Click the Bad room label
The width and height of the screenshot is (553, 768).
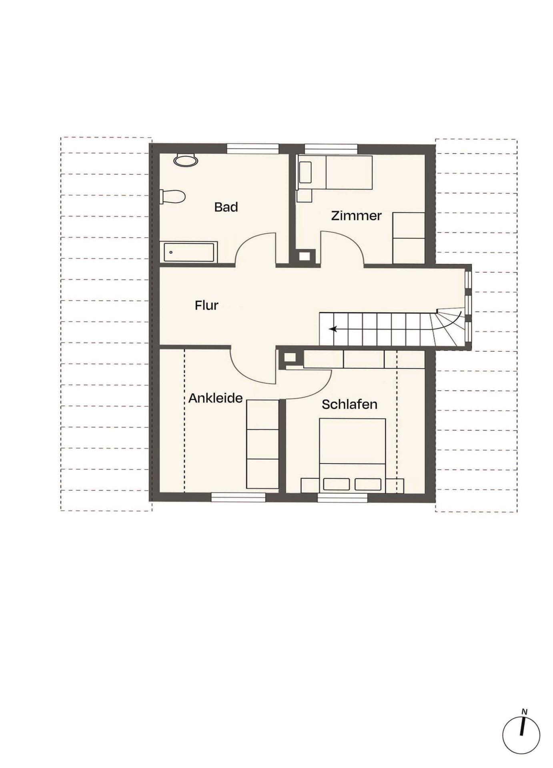(x=226, y=207)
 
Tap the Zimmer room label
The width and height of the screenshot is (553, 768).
(x=356, y=216)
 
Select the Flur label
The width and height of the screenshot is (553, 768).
(x=206, y=305)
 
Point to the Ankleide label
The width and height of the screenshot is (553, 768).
(x=215, y=398)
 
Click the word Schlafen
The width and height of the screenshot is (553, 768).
(x=349, y=404)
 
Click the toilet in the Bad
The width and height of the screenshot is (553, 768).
(x=173, y=196)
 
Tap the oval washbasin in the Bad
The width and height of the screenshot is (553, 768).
(x=186, y=160)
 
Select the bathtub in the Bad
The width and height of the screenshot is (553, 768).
(x=188, y=252)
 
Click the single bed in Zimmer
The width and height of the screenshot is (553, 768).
(x=335, y=172)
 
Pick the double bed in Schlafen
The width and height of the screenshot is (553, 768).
(x=353, y=456)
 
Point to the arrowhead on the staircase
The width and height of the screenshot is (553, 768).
(x=333, y=329)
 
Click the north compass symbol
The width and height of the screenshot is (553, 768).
(x=521, y=736)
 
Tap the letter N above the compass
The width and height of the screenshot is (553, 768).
(x=524, y=712)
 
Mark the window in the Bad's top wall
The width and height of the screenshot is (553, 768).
(x=253, y=148)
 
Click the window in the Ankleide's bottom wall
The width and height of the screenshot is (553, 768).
(x=238, y=497)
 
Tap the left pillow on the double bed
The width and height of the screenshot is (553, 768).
(x=336, y=484)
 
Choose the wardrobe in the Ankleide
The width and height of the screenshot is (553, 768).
(x=262, y=444)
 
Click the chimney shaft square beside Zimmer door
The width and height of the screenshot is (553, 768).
(x=305, y=256)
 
